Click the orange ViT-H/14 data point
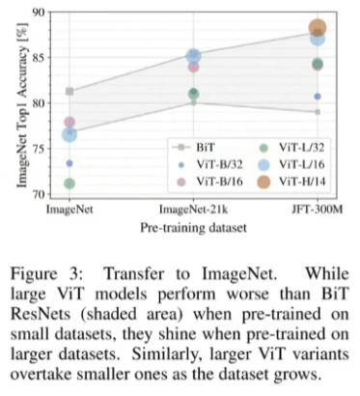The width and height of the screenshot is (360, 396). point(318,28)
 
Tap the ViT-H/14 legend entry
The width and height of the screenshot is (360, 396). point(291,182)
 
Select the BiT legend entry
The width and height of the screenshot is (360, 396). point(193,147)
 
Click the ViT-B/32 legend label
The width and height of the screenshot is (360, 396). point(220,164)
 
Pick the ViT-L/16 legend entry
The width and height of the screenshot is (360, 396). point(291,164)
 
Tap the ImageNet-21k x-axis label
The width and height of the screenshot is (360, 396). point(194,210)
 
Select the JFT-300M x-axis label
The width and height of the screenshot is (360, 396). point(318,210)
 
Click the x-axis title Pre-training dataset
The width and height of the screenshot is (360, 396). point(193,228)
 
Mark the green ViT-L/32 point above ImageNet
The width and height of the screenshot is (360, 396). point(69,184)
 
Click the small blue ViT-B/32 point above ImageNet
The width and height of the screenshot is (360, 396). point(69,163)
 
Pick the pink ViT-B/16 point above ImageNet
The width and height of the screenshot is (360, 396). point(69,122)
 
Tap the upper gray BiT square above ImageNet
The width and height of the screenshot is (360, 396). point(69,92)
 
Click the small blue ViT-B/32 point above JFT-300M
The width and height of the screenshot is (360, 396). point(318,97)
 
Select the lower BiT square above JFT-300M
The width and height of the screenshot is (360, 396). point(318,112)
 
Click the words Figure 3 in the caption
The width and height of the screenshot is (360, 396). point(46,274)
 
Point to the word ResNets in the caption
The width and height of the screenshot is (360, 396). point(41,314)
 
